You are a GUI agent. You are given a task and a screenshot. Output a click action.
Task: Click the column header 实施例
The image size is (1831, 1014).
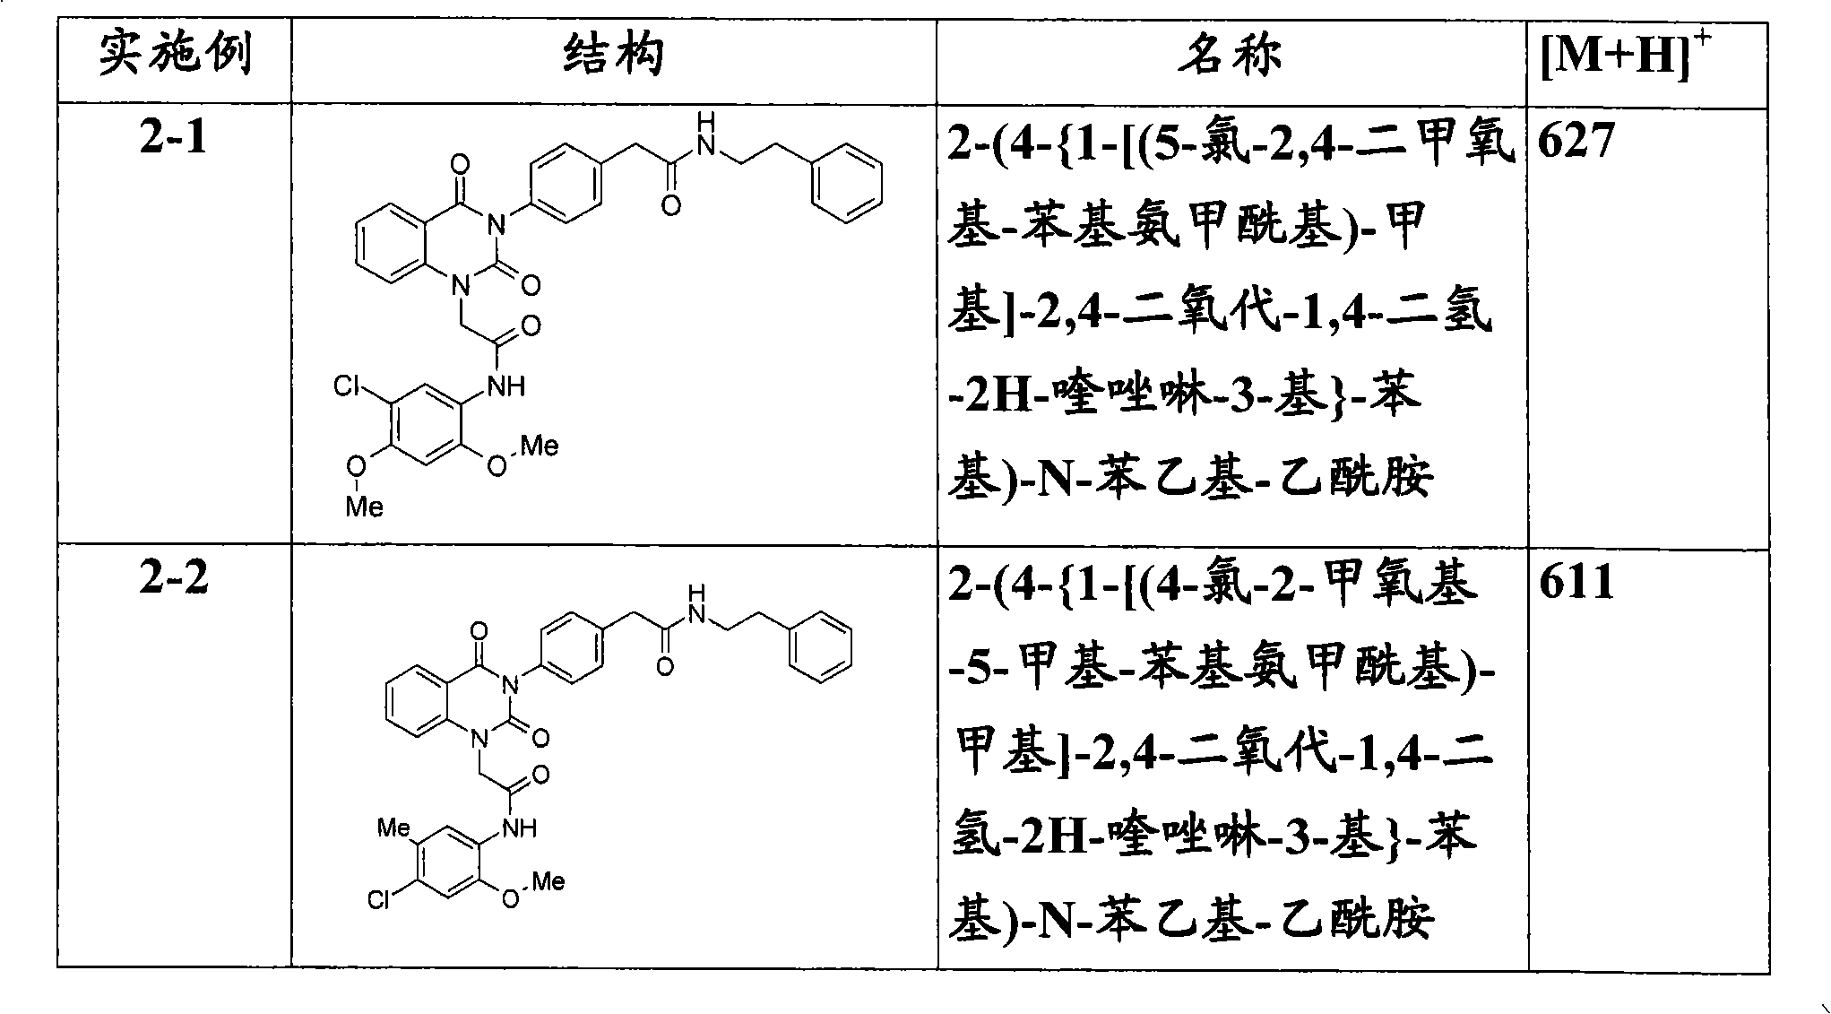175,56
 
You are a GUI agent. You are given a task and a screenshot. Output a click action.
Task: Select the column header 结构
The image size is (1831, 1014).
614,56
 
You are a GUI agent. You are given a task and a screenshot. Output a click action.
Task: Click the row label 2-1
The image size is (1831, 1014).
174,139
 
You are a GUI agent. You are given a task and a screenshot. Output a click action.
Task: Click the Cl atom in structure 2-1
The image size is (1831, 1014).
347,386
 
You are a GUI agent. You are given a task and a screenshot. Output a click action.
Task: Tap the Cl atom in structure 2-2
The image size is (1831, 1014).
379,899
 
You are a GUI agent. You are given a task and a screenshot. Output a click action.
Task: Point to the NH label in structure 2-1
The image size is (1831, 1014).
505,386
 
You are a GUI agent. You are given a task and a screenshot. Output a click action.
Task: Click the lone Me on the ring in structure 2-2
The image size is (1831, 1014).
393,827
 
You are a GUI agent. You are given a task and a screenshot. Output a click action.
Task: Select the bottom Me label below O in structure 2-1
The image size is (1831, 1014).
364,507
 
